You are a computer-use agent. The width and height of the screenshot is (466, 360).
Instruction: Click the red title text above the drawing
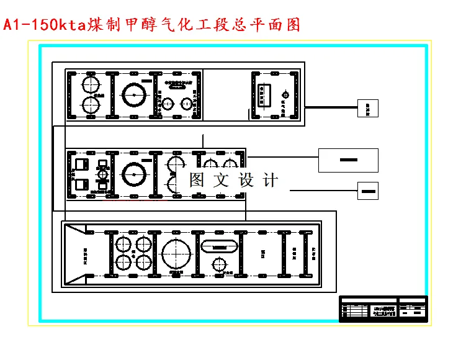(152, 25)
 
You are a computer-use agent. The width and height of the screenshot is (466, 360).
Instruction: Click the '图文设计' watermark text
(233, 180)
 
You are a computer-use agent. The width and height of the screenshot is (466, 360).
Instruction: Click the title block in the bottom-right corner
(383, 308)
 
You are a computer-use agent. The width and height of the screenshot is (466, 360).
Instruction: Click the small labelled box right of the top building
(367, 108)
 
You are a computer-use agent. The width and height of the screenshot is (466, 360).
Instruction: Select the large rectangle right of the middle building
(348, 160)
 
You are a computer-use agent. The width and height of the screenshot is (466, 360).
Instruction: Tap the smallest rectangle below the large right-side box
(367, 190)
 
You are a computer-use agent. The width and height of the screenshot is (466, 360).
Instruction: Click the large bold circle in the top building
(134, 96)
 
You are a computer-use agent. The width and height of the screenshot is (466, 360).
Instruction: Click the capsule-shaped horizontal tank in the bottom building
(220, 246)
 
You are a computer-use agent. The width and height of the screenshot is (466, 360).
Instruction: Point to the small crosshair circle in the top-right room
(285, 94)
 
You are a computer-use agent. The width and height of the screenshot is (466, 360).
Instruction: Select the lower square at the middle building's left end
(81, 184)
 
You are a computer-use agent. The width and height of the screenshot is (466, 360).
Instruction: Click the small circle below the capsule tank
(218, 265)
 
